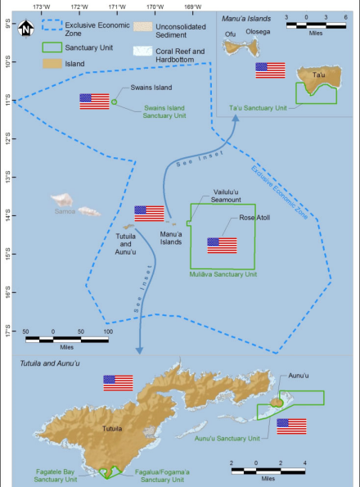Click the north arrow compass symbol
coord(25,29)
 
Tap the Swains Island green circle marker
coord(115,101)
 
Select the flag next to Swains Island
coord(94,101)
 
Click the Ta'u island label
coord(319,74)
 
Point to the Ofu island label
coord(230,34)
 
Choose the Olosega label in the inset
coord(258,32)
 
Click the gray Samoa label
coord(65,211)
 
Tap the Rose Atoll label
coord(254,218)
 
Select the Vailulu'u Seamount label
coord(226,196)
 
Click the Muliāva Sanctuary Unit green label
coord(223,274)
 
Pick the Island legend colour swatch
coord(52,64)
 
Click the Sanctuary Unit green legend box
coord(52,47)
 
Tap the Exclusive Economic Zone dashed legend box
coord(52,25)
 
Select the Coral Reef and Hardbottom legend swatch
coord(142,52)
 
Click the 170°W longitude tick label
coord(155,7)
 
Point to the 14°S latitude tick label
coord(7,215)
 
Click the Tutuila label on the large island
coord(112,429)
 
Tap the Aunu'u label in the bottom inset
coord(299,376)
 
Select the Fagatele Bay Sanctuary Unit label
coord(56,476)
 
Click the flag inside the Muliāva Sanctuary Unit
coord(222,246)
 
